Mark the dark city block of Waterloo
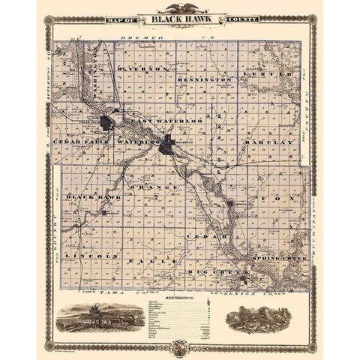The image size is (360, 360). tap(166, 148)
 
